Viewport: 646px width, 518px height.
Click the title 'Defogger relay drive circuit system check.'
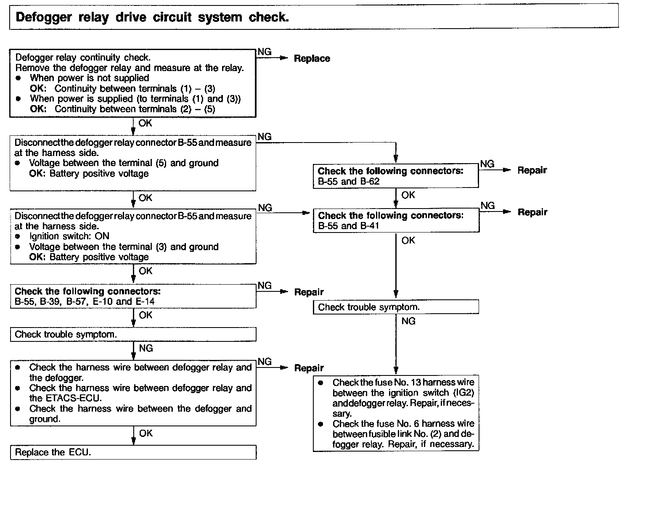[x=152, y=18]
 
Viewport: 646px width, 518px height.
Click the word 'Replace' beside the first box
[x=312, y=59]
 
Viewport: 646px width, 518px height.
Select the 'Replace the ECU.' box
[x=133, y=452]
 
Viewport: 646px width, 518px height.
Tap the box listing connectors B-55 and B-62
[x=395, y=176]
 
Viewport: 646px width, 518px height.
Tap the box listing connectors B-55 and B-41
[x=396, y=220]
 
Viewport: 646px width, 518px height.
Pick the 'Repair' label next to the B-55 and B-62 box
[x=532, y=170]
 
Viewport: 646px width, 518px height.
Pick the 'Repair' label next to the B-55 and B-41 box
[x=532, y=212]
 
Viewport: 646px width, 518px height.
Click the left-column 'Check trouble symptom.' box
[x=133, y=334]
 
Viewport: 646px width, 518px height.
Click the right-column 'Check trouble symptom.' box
[x=396, y=307]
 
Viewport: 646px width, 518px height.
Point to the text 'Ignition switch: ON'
[x=69, y=236]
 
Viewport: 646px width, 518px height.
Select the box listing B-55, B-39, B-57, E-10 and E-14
[x=133, y=296]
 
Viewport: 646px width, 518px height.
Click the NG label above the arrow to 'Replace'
[x=265, y=52]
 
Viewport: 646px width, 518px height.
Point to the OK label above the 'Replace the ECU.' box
[x=146, y=433]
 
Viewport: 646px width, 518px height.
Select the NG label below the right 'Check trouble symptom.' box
[x=408, y=321]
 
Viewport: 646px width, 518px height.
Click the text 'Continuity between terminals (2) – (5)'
[x=135, y=109]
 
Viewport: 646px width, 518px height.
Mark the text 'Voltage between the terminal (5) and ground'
[x=124, y=163]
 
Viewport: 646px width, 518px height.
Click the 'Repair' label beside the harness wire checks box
[x=309, y=368]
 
